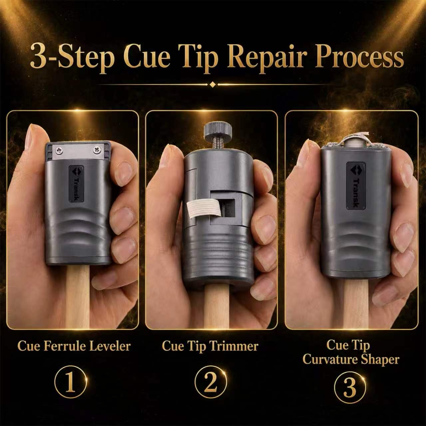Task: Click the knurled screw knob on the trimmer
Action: coord(218,130)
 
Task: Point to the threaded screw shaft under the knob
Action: coord(218,145)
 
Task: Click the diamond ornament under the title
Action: coord(213,85)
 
